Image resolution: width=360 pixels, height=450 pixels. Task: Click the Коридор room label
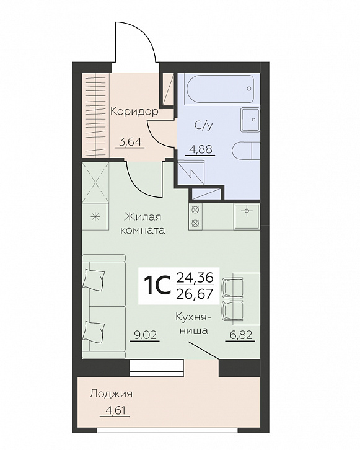(x=134, y=112)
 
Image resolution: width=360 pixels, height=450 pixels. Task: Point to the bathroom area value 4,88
(x=200, y=149)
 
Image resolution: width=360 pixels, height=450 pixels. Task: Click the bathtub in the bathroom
(x=221, y=89)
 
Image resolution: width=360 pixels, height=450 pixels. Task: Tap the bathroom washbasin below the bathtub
(x=250, y=120)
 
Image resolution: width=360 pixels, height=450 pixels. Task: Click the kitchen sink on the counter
(x=247, y=216)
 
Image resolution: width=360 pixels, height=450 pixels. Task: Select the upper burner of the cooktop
(x=195, y=210)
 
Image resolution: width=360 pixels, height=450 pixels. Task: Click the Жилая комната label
(x=143, y=223)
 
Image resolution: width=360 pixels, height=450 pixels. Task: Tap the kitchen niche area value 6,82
(x=240, y=335)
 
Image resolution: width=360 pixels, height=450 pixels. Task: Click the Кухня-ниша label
(x=193, y=324)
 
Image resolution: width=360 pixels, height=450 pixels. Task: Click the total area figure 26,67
(x=195, y=293)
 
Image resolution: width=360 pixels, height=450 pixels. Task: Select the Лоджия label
(x=111, y=394)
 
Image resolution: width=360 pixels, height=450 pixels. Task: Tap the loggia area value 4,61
(x=115, y=411)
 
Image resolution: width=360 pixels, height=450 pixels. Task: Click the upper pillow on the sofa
(x=94, y=278)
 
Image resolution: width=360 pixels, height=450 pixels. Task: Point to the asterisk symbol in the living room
(x=95, y=216)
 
